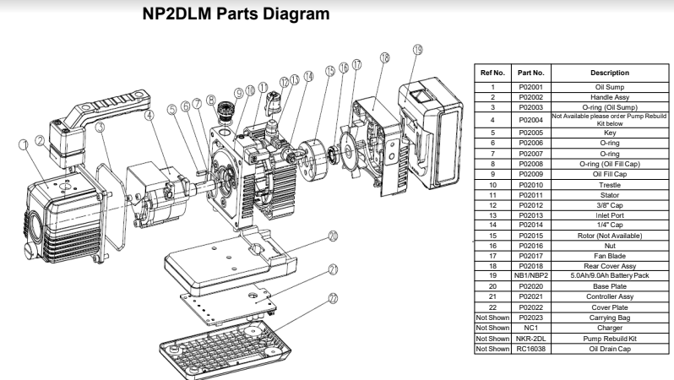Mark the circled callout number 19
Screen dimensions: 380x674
pos(417,51)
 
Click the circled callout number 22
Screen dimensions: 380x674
pos(334,298)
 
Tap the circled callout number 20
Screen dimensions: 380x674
pos(333,236)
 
